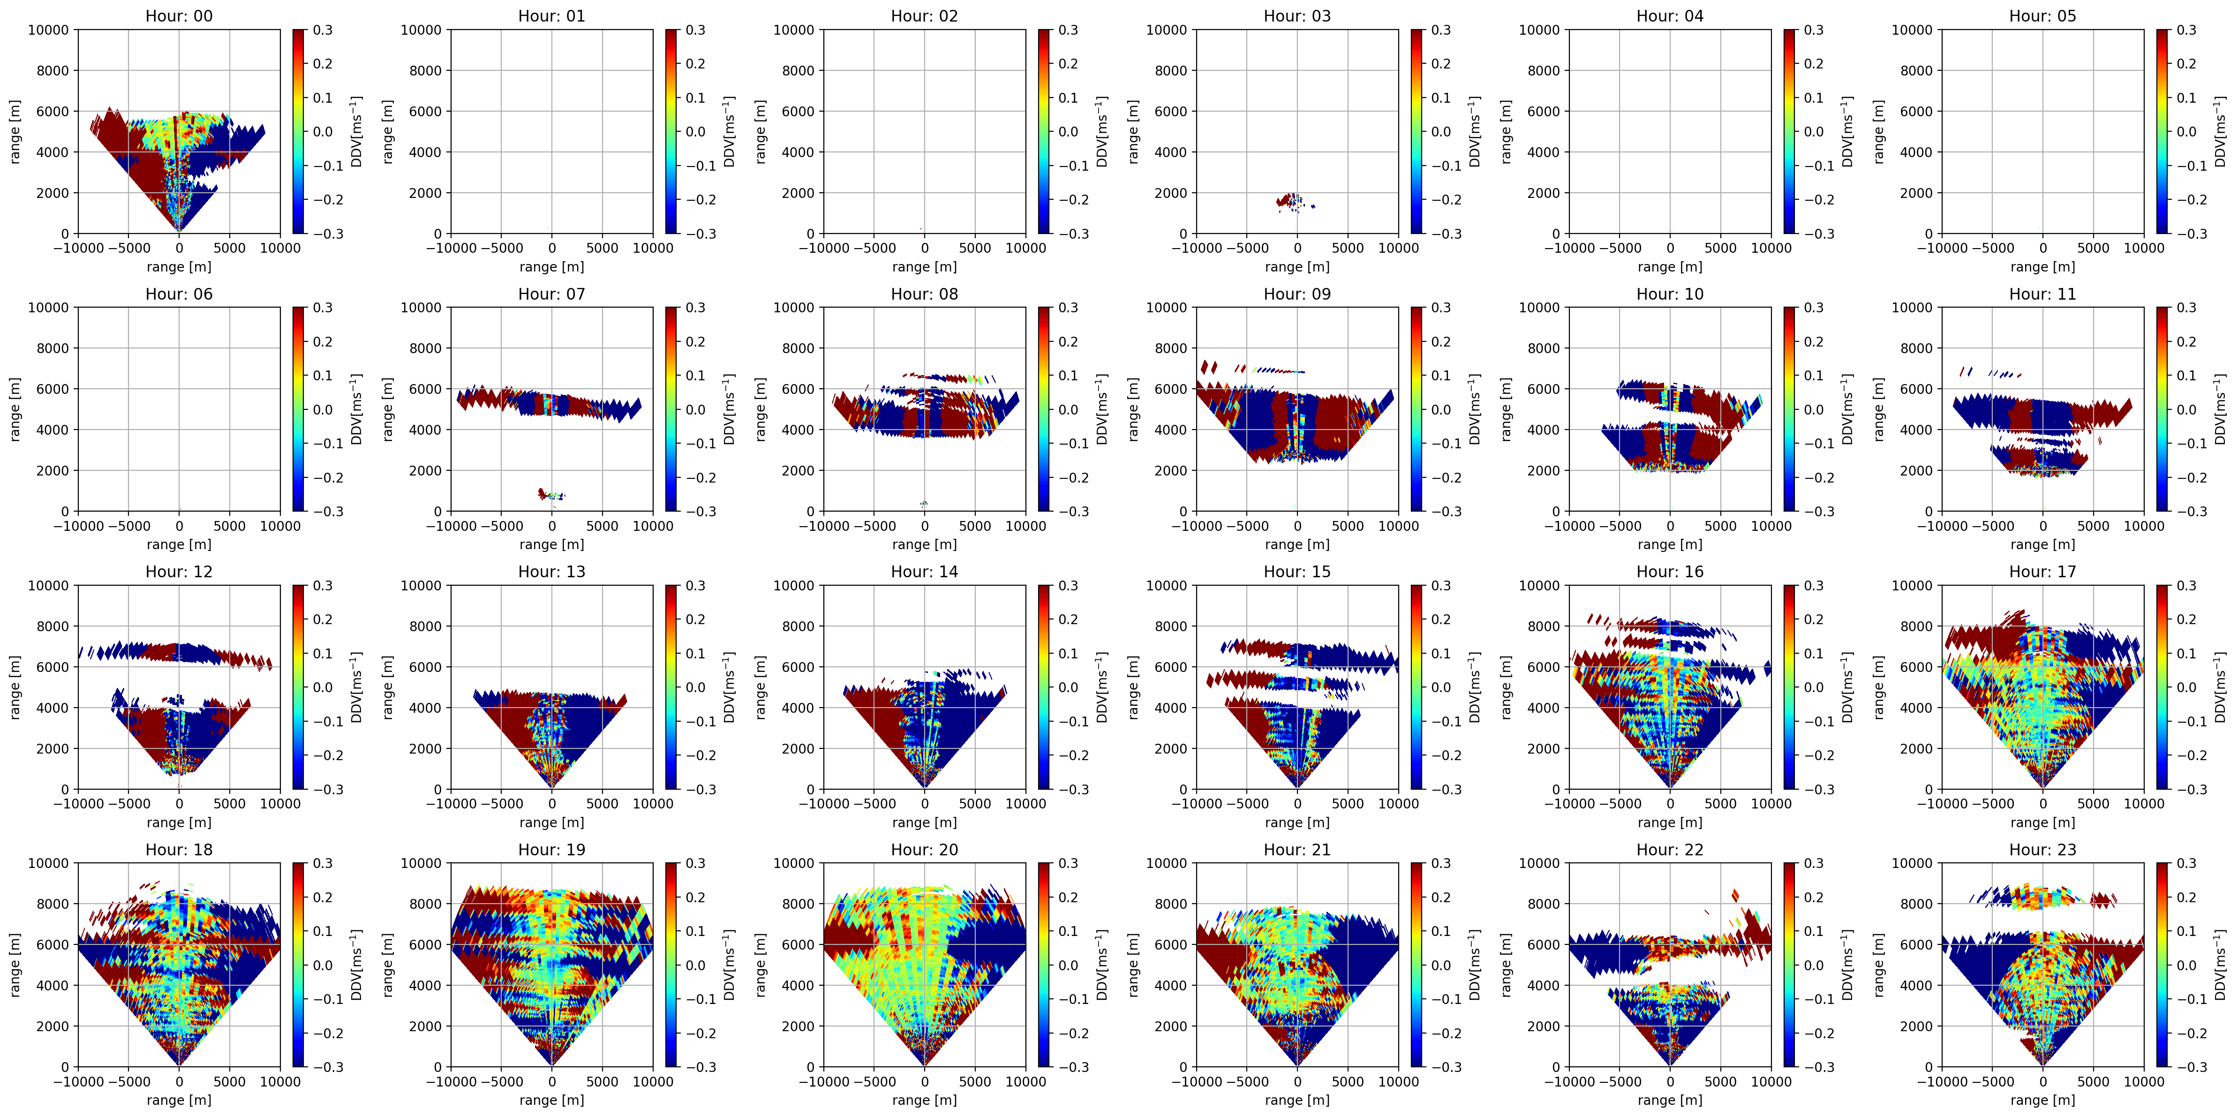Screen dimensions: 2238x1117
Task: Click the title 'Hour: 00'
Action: coord(179,15)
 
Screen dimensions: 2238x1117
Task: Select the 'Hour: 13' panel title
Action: coord(552,572)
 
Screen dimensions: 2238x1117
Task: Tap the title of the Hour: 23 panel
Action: coord(2042,850)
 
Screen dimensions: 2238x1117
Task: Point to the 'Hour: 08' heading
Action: coord(924,294)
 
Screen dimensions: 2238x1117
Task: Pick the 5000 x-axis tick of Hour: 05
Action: coord(2093,248)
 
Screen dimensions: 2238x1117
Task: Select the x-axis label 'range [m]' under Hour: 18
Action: coord(179,1100)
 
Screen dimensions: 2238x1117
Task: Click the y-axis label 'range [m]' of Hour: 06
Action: coord(15,409)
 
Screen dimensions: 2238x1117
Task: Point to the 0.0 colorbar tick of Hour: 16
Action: coord(1814,687)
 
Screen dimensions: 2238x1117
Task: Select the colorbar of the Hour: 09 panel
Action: coord(1417,409)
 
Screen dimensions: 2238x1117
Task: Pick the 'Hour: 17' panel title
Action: coord(2042,572)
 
